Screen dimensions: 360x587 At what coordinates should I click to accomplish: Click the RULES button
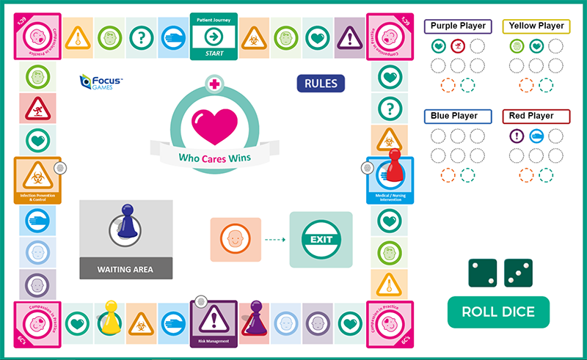click(321, 83)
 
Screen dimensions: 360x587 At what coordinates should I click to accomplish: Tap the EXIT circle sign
click(321, 240)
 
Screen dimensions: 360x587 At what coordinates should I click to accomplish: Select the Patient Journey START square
click(214, 35)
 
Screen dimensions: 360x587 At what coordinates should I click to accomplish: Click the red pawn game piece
click(394, 166)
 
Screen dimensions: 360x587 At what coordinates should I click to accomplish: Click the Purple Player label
click(458, 26)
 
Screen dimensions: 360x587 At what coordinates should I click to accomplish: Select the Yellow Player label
click(536, 26)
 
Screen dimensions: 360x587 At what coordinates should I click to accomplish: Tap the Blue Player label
click(455, 116)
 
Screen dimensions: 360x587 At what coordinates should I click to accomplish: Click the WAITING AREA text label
click(125, 269)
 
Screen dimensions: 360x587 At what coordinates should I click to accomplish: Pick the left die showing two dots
click(483, 273)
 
